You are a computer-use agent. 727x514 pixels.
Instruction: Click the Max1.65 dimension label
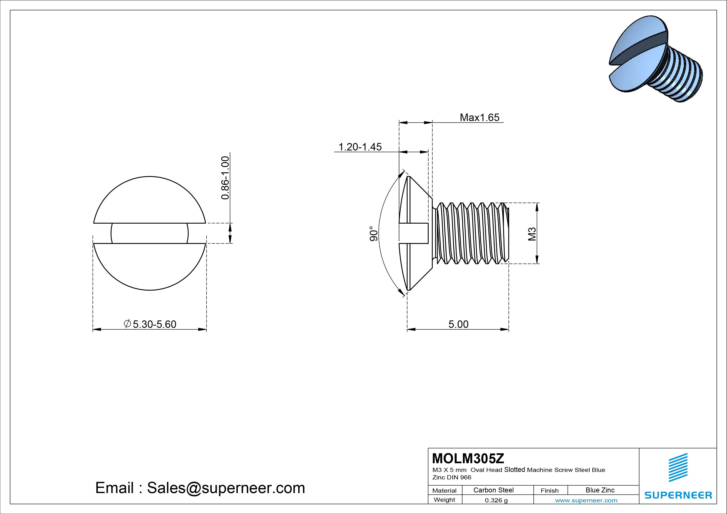click(x=479, y=118)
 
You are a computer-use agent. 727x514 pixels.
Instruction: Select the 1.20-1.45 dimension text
click(x=360, y=147)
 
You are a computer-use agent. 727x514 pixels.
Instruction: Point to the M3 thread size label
click(x=532, y=234)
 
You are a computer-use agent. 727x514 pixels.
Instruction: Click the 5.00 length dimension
click(x=458, y=324)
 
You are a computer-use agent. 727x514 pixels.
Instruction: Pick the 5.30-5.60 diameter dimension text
click(x=154, y=324)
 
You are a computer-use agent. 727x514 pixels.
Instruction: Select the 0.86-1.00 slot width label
click(x=225, y=178)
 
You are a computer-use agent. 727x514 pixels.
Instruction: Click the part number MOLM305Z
click(x=468, y=458)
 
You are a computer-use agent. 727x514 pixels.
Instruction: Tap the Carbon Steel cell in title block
click(x=493, y=490)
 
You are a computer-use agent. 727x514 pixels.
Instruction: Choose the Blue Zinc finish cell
click(x=600, y=490)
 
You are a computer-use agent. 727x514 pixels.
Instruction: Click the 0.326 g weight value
click(x=496, y=500)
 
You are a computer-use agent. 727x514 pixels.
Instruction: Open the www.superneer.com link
click(x=586, y=500)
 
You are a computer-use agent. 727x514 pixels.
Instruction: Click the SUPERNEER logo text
click(x=678, y=495)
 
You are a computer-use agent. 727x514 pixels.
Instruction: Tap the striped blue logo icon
click(x=678, y=467)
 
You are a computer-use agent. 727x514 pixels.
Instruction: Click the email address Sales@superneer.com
click(x=226, y=488)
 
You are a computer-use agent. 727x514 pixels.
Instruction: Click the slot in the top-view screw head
click(x=149, y=233)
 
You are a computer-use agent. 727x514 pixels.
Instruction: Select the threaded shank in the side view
click(x=472, y=233)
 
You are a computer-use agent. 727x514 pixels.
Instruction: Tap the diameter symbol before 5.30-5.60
click(x=127, y=324)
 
